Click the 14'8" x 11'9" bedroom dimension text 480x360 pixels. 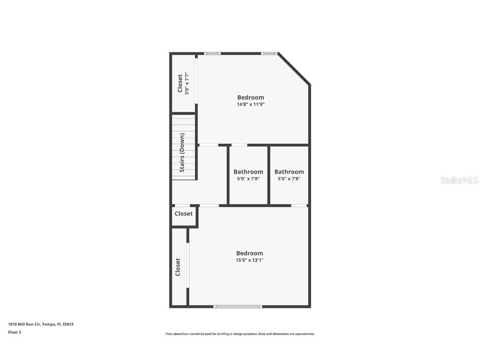click(250, 105)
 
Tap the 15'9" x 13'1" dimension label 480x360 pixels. click(250, 260)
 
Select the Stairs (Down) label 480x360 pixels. click(182, 152)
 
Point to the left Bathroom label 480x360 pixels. click(248, 172)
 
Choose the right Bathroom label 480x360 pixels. click(289, 172)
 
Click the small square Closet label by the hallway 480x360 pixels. click(184, 214)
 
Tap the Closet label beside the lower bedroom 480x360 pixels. click(178, 267)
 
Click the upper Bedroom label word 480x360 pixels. click(250, 97)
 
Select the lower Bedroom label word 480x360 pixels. click(250, 253)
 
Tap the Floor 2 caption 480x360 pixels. click(14, 332)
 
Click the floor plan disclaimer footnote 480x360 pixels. click(240, 334)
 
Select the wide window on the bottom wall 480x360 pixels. click(238, 307)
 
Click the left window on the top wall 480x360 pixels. click(212, 53)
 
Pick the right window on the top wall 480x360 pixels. click(269, 53)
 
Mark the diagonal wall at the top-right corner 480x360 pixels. click(294, 69)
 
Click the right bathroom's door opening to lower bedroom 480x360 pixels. click(299, 205)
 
